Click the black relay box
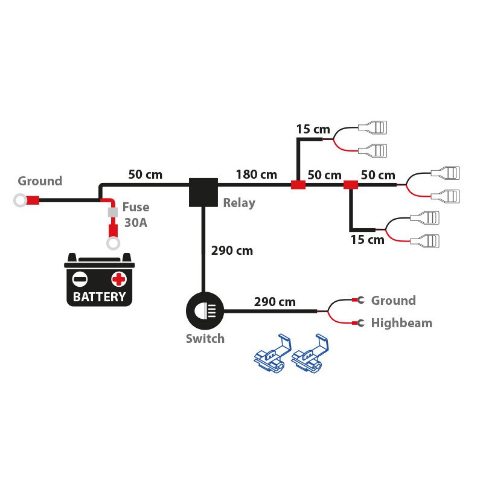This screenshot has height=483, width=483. click(203, 191)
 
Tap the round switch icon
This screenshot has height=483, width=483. click(204, 312)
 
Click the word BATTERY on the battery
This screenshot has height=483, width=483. click(100, 296)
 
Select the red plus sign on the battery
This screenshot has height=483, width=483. click(119, 279)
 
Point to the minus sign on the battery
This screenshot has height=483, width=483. click(80, 279)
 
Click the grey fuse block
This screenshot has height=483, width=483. click(112, 213)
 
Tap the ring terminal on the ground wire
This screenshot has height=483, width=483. click(20, 200)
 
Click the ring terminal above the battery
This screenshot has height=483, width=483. click(112, 243)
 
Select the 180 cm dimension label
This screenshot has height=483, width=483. click(256, 174)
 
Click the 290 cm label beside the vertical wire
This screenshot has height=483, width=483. click(232, 250)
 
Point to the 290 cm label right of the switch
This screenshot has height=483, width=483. click(275, 301)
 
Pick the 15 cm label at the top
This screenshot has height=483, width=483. click(313, 129)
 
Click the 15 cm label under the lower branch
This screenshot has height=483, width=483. click(367, 240)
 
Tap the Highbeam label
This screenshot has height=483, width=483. click(401, 323)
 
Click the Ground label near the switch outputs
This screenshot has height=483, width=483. click(393, 301)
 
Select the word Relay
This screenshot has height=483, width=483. click(239, 203)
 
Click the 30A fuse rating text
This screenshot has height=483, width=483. click(136, 222)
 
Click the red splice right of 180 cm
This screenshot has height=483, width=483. click(298, 185)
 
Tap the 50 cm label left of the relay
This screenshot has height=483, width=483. click(146, 174)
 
